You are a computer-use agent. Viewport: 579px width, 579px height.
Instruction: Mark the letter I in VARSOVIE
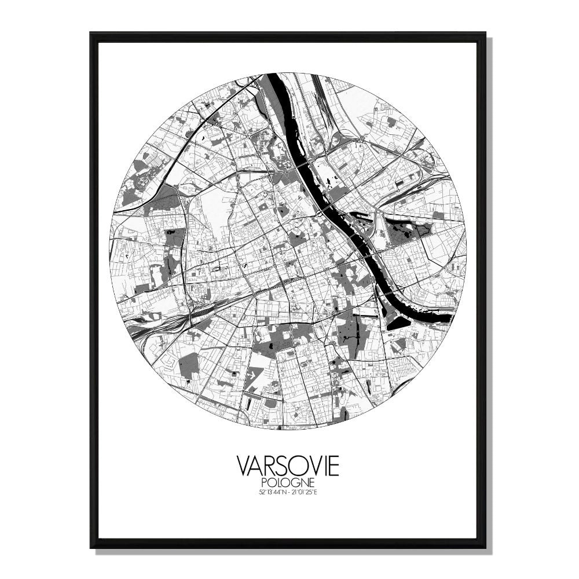click(x=323, y=466)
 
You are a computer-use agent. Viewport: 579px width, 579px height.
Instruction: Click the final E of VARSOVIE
click(x=332, y=466)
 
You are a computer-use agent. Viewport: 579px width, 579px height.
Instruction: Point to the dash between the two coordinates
click(x=288, y=493)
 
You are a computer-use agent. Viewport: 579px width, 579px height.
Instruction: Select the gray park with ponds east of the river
click(x=405, y=232)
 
